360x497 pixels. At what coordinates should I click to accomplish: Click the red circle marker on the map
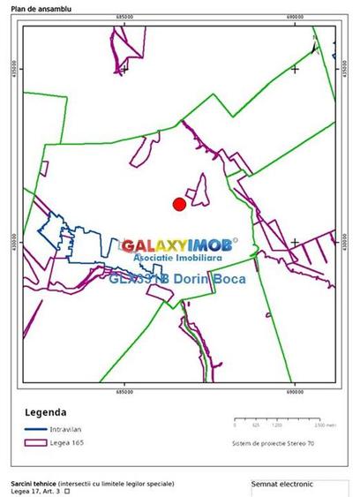[x=179, y=204]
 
